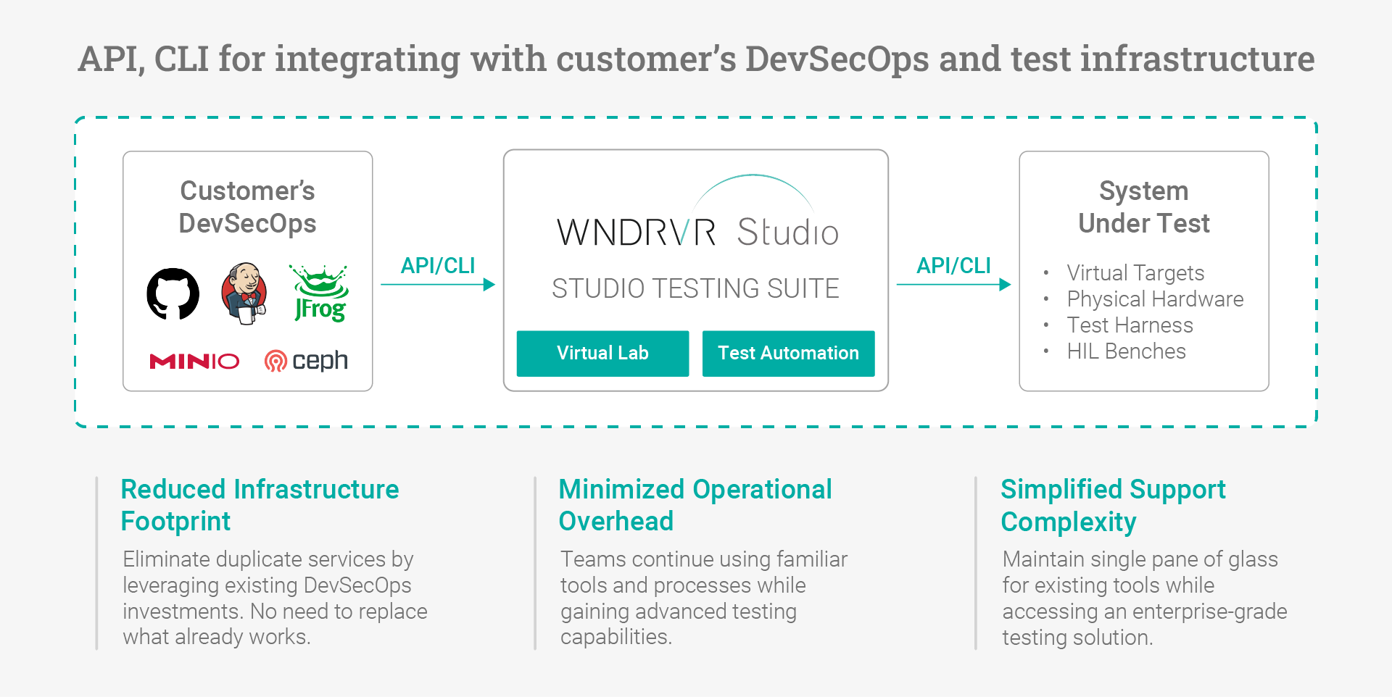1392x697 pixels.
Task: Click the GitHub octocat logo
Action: pos(173,293)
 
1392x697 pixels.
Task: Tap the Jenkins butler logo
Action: pos(244,293)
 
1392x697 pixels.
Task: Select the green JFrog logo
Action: pos(320,293)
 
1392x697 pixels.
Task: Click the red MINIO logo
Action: pos(194,361)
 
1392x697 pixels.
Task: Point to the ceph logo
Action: pos(306,360)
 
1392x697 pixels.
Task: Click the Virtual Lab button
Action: pos(602,354)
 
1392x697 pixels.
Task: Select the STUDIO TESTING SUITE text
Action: pos(695,288)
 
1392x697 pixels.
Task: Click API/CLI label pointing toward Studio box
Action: pos(438,266)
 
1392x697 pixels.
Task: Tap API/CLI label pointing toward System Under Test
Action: pos(953,266)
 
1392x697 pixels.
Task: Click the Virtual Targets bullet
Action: pos(1135,273)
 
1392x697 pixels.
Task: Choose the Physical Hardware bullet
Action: pos(1154,299)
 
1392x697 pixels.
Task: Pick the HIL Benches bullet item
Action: pos(1126,351)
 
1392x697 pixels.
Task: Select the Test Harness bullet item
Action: pos(1130,325)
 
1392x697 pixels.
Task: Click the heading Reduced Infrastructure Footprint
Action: pos(260,505)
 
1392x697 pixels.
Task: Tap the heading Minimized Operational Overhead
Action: pos(695,505)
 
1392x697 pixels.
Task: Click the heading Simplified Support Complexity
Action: pos(1112,505)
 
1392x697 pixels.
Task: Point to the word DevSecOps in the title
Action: pos(837,59)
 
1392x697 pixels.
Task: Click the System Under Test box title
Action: pos(1143,207)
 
